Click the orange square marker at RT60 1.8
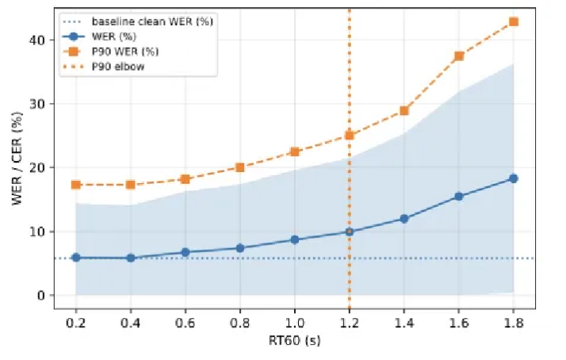[514, 21]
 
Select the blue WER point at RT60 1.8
[514, 178]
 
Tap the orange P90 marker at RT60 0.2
[76, 185]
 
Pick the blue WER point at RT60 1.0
[295, 239]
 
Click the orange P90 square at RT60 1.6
[459, 56]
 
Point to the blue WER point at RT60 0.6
[185, 252]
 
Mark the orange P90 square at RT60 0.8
[240, 167]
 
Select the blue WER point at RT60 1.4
[404, 219]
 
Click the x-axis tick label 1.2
[350, 324]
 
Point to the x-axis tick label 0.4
[131, 324]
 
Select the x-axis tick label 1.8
[514, 324]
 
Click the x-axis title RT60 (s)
[294, 343]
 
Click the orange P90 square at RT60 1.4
[404, 110]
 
